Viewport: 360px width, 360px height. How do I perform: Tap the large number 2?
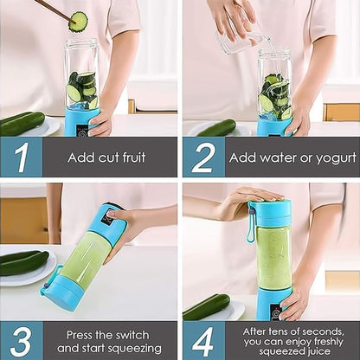click(x=202, y=157)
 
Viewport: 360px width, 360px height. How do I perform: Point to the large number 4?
click(x=202, y=339)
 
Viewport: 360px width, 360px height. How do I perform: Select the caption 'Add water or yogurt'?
click(x=292, y=157)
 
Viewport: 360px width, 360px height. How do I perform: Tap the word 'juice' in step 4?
click(x=320, y=351)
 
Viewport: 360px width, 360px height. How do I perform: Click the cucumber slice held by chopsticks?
click(x=78, y=21)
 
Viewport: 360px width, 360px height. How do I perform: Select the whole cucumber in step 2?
click(x=216, y=128)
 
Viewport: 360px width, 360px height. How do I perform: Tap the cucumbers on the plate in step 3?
click(x=24, y=262)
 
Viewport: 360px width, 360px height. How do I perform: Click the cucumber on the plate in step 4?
click(x=207, y=306)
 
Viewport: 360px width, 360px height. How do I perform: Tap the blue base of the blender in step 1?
click(x=82, y=121)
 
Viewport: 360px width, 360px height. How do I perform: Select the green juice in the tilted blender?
click(x=85, y=259)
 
